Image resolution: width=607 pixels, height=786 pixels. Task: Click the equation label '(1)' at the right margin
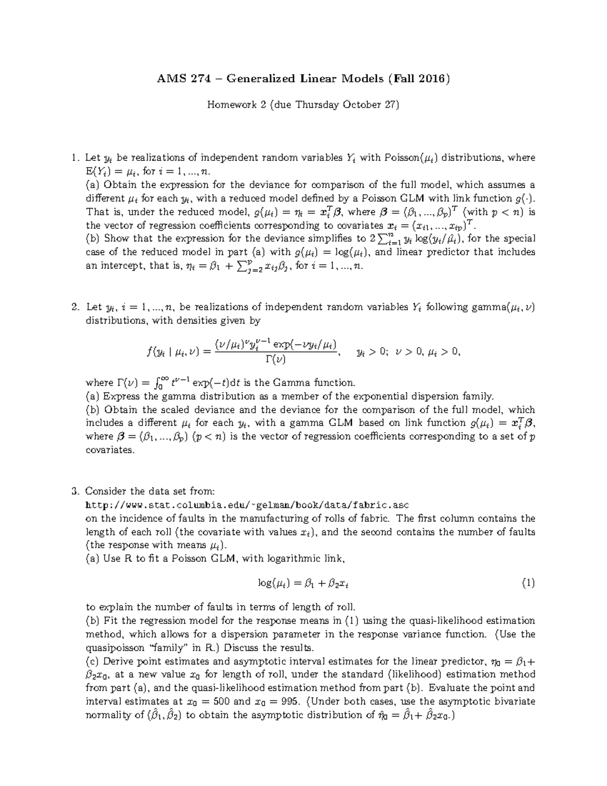point(528,583)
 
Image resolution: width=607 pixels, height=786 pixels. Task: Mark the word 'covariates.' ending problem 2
point(110,449)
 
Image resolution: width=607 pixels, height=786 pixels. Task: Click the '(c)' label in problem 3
point(93,661)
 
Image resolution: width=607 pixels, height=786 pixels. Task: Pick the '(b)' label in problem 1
point(93,238)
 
